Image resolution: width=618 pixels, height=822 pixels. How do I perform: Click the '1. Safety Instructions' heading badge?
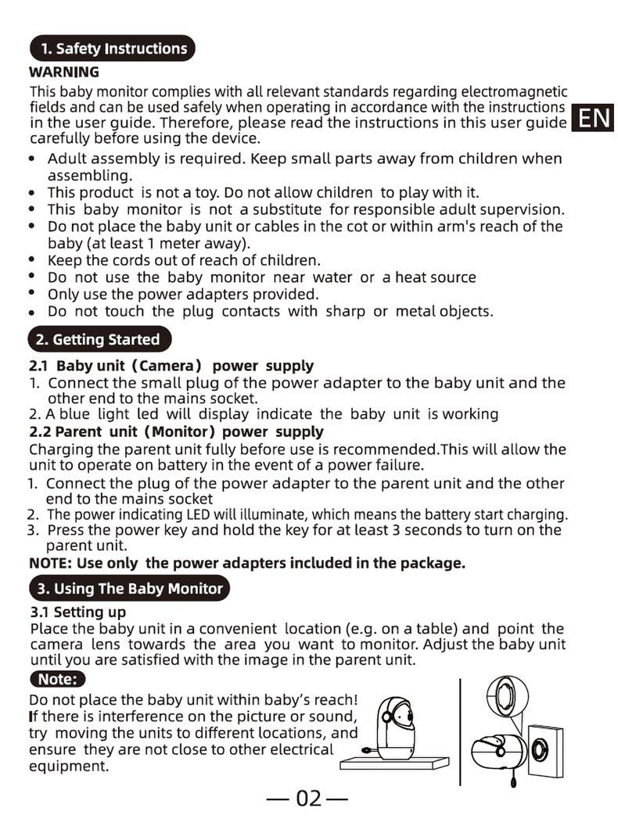click(x=112, y=48)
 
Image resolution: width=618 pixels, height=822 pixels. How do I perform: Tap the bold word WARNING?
click(x=64, y=72)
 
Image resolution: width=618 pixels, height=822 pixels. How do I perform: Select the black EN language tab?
click(x=592, y=119)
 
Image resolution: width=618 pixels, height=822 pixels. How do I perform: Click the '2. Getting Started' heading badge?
click(x=100, y=340)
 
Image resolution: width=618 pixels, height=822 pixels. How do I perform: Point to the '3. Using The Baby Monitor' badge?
click(x=129, y=589)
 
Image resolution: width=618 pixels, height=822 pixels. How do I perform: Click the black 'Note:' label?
click(x=57, y=679)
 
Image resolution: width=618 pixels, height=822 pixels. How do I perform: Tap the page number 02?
click(x=308, y=799)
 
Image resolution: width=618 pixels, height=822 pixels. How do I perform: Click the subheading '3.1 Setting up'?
click(x=77, y=612)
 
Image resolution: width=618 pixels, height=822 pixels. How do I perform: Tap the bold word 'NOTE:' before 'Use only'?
click(x=51, y=563)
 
